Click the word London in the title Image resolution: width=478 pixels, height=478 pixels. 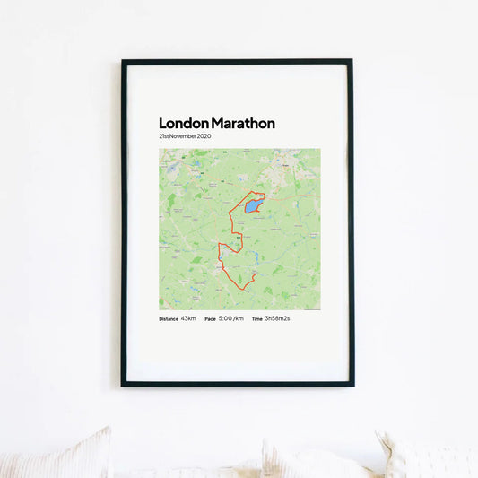[183, 124]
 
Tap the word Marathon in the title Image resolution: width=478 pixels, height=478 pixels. [242, 124]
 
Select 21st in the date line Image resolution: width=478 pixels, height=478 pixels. [164, 136]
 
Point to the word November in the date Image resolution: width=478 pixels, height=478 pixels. [184, 136]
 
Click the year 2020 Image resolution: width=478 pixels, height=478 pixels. [204, 136]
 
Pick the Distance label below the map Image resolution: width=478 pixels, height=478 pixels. [169, 319]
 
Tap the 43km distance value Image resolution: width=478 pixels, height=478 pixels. [188, 318]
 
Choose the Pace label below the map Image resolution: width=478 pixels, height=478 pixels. [210, 319]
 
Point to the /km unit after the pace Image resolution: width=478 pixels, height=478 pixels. [239, 318]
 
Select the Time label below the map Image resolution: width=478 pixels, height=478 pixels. [257, 319]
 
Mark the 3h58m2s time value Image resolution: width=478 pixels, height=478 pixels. [277, 318]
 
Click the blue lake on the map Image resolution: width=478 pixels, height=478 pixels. [252, 206]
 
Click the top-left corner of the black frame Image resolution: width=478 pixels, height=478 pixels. [124, 62]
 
